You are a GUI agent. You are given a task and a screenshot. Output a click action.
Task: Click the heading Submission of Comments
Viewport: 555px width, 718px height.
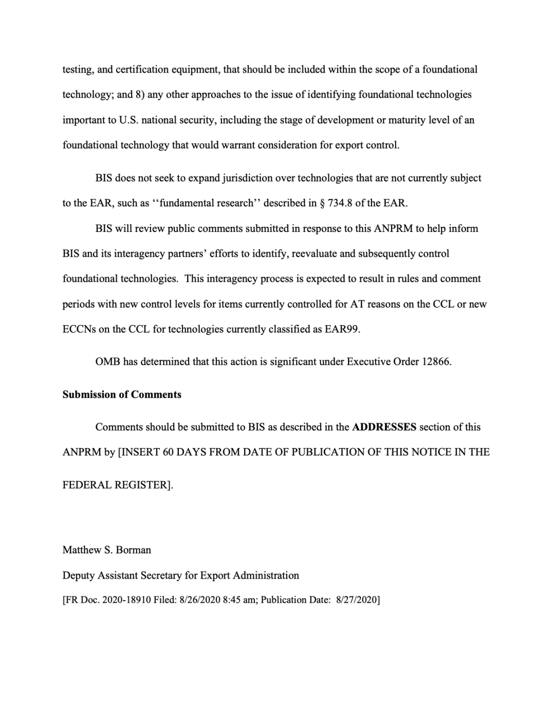[122, 394]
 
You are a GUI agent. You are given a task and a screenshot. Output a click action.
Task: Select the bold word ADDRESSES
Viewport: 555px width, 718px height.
[384, 427]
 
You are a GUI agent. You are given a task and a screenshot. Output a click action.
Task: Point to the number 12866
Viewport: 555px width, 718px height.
[436, 362]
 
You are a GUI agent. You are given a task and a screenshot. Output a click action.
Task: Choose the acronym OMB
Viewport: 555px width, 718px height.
[107, 362]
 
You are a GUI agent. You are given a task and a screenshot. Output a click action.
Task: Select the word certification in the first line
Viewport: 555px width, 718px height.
[142, 69]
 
